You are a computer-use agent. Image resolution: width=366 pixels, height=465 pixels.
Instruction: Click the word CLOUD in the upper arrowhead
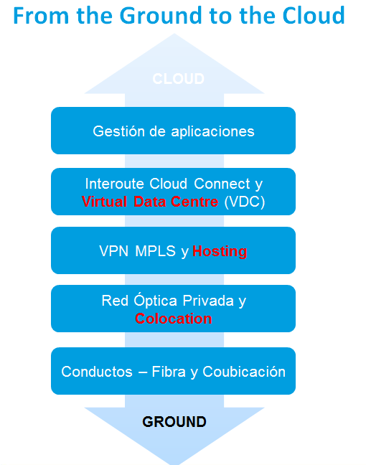pos(178,79)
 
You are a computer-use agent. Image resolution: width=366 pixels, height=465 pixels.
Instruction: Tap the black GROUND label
pos(174,422)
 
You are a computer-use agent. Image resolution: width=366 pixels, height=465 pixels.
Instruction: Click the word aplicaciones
pos(212,132)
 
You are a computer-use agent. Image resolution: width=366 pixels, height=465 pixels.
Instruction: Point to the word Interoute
pos(115,184)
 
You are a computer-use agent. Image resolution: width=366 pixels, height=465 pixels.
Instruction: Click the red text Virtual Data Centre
pos(150,202)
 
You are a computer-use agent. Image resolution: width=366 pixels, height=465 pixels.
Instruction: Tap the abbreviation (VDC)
pos(245,202)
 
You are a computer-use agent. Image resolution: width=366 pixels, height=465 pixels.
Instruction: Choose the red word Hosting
pos(220,251)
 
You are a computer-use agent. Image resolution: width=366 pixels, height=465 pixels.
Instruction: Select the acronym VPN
pos(114,251)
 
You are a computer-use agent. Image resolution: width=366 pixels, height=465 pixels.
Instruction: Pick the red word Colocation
pos(173,319)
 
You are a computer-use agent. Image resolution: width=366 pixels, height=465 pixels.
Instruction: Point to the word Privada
pos(208,301)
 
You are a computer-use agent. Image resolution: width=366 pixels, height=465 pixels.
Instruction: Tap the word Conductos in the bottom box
pos(97,372)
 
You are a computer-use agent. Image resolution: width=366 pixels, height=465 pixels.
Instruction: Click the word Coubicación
pos(244,371)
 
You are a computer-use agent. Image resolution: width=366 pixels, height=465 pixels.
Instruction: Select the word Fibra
pos(169,372)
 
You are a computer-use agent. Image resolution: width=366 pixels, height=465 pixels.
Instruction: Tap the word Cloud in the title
pos(314,15)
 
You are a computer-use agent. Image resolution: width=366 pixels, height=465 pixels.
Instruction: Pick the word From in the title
pos(41,16)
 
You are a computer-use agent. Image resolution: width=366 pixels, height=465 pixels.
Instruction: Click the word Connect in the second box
pos(222,184)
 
